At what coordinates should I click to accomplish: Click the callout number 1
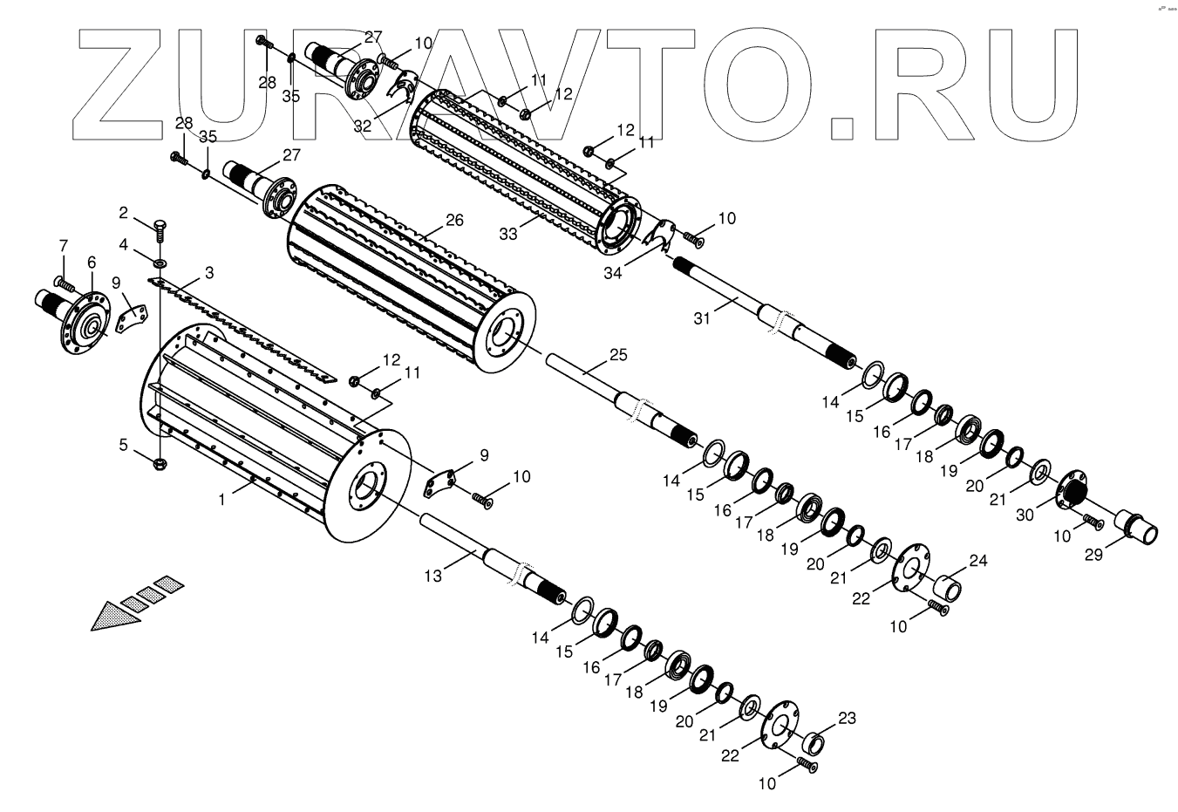click(x=222, y=500)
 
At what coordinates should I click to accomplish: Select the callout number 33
click(x=508, y=234)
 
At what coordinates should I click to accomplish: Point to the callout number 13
click(x=433, y=576)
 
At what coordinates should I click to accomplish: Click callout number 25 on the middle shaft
click(x=618, y=355)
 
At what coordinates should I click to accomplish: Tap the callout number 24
click(x=979, y=561)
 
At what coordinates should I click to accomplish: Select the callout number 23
click(x=847, y=719)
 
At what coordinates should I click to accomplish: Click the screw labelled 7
click(x=63, y=282)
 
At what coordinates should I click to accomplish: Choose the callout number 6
click(x=92, y=262)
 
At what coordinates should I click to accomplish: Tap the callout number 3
click(x=208, y=274)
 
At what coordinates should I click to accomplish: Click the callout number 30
click(x=1025, y=515)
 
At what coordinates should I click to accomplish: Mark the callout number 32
click(x=363, y=126)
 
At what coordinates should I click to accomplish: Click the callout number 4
click(x=124, y=243)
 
